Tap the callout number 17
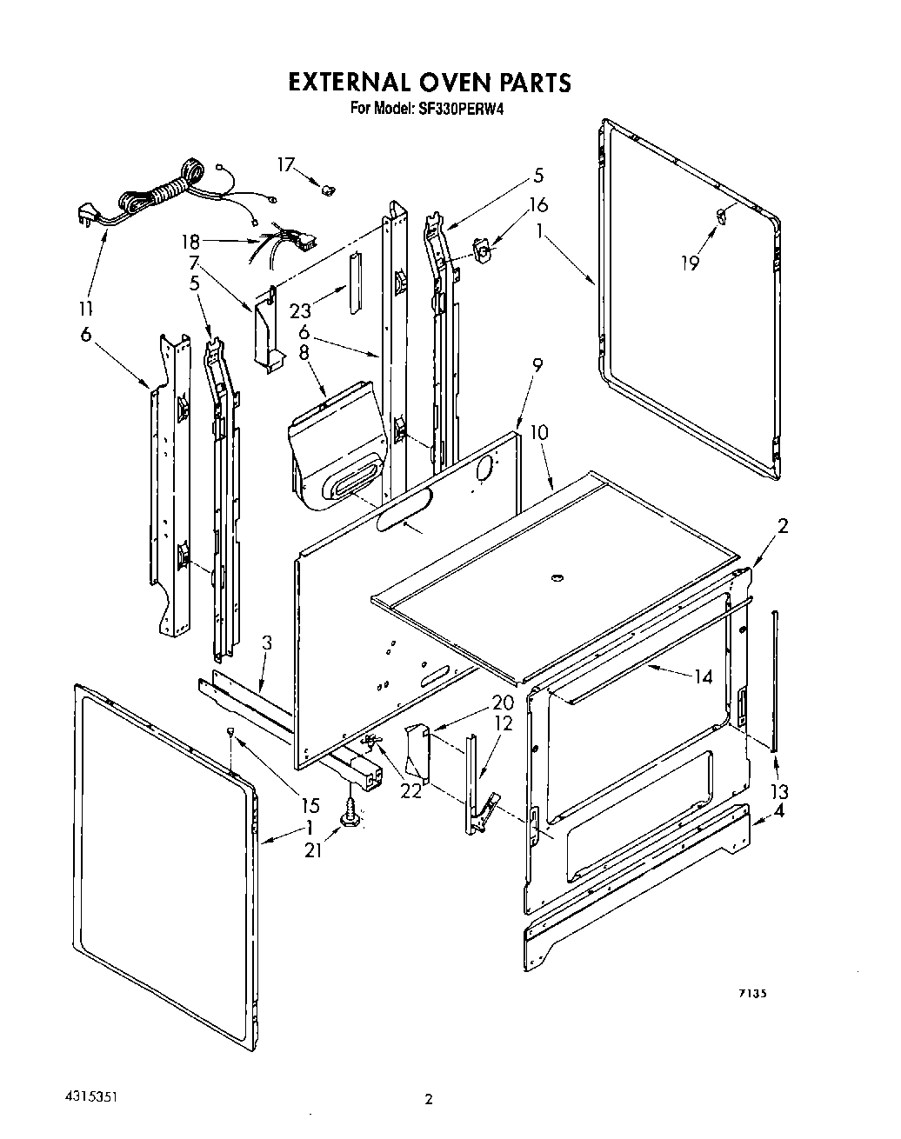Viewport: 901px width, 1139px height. click(286, 164)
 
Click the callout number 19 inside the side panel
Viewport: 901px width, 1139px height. click(690, 263)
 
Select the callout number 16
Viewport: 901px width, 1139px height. click(538, 204)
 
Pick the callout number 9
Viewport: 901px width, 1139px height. click(537, 365)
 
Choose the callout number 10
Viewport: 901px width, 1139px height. click(538, 432)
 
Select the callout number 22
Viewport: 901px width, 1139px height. click(410, 790)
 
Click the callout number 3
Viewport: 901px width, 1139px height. click(267, 643)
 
